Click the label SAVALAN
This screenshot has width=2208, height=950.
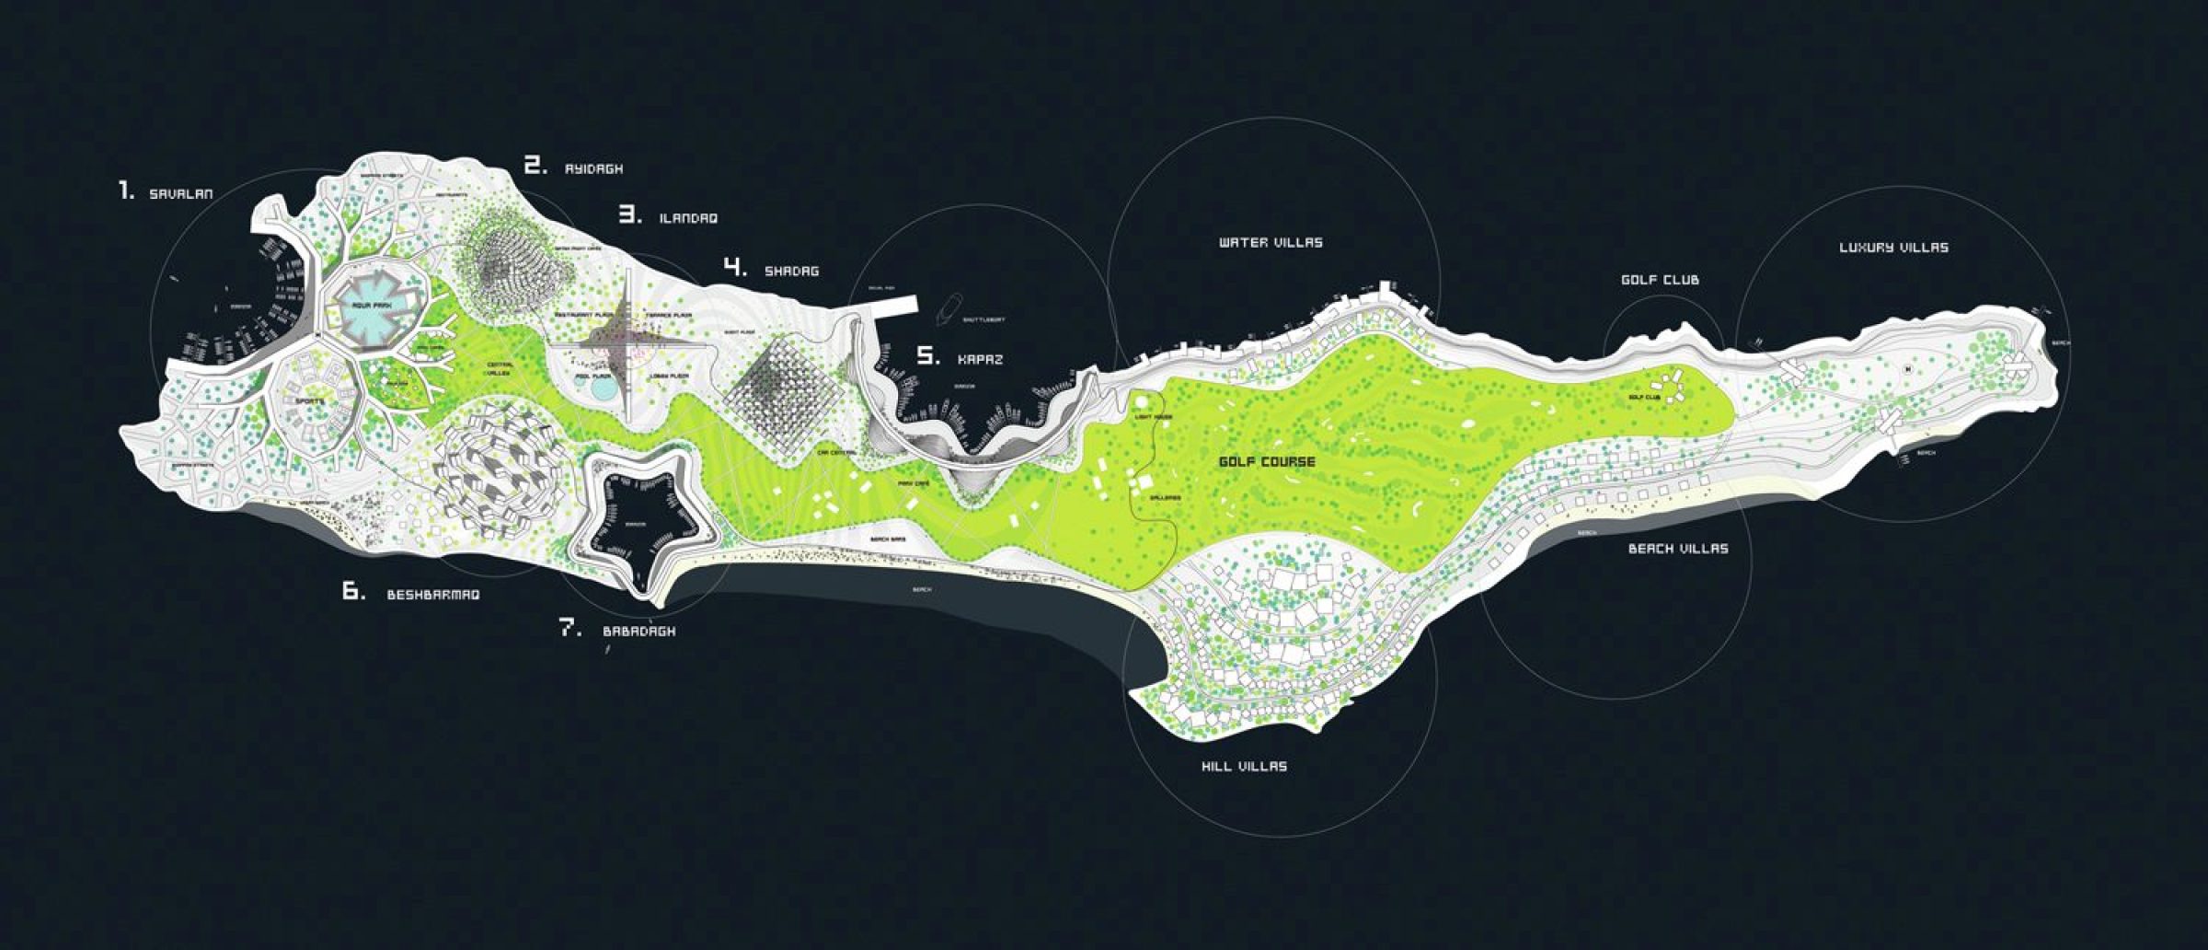[x=181, y=194]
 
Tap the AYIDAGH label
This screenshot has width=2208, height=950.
[x=593, y=169]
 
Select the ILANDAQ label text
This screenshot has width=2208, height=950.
[x=688, y=219]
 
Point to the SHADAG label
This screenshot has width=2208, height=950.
[x=791, y=272]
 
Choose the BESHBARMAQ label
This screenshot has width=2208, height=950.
[x=432, y=595]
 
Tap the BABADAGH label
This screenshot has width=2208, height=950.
[x=638, y=631]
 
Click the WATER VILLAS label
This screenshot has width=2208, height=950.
[x=1271, y=243]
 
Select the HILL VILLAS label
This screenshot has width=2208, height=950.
[x=1244, y=766]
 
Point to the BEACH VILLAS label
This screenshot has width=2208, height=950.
[x=1677, y=549]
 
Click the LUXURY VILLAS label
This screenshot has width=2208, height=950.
[x=1893, y=248]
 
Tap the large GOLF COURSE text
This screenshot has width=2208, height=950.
[x=1267, y=462]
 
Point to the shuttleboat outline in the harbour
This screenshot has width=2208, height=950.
[x=951, y=307]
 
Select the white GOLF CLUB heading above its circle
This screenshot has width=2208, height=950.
[x=1660, y=280]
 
